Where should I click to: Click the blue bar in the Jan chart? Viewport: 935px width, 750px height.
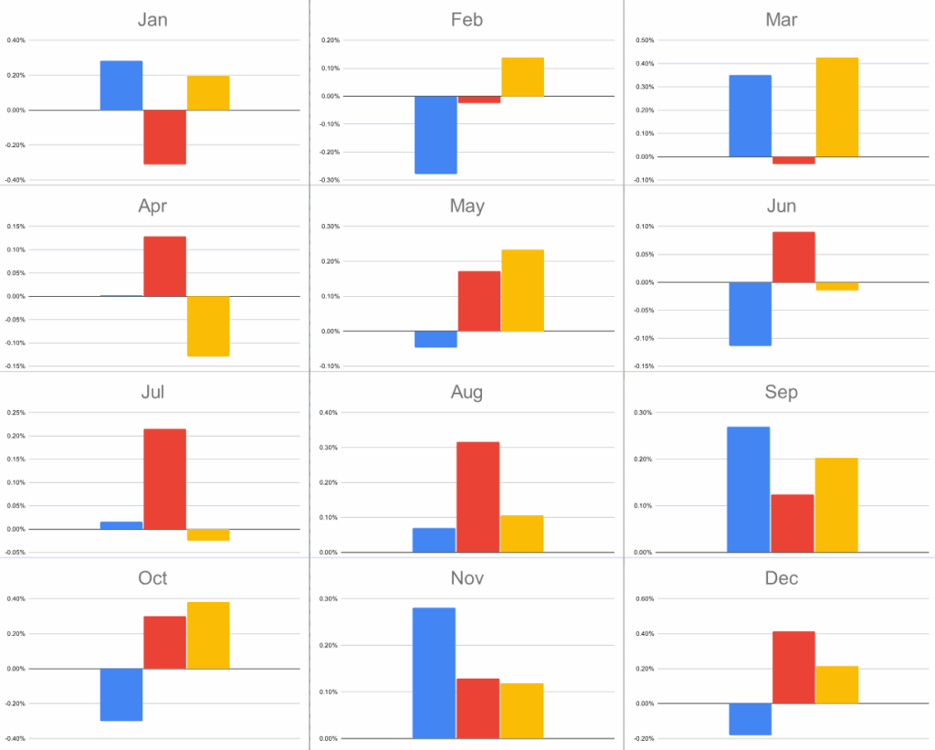[x=121, y=86]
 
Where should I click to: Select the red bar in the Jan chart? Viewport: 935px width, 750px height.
[x=164, y=137]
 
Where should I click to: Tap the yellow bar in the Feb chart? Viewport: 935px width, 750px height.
[x=522, y=77]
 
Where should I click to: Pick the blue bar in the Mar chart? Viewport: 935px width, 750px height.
[x=750, y=116]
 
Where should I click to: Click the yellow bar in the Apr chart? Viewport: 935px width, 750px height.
[x=208, y=326]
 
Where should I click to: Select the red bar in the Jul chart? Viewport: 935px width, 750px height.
[x=164, y=479]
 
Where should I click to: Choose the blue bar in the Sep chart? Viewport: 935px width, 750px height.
[x=748, y=490]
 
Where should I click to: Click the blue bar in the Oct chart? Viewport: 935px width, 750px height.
[x=121, y=694]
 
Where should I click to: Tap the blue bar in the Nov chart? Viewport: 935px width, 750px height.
[x=434, y=672]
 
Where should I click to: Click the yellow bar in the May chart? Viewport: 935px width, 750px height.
[x=522, y=290]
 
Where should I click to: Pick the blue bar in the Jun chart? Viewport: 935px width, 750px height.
[x=750, y=313]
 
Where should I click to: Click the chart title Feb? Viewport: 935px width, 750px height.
[x=467, y=19]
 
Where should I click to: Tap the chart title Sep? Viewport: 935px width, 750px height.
[x=781, y=392]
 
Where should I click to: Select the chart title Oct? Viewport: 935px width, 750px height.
[x=152, y=578]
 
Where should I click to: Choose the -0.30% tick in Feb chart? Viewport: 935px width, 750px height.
[x=329, y=180]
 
